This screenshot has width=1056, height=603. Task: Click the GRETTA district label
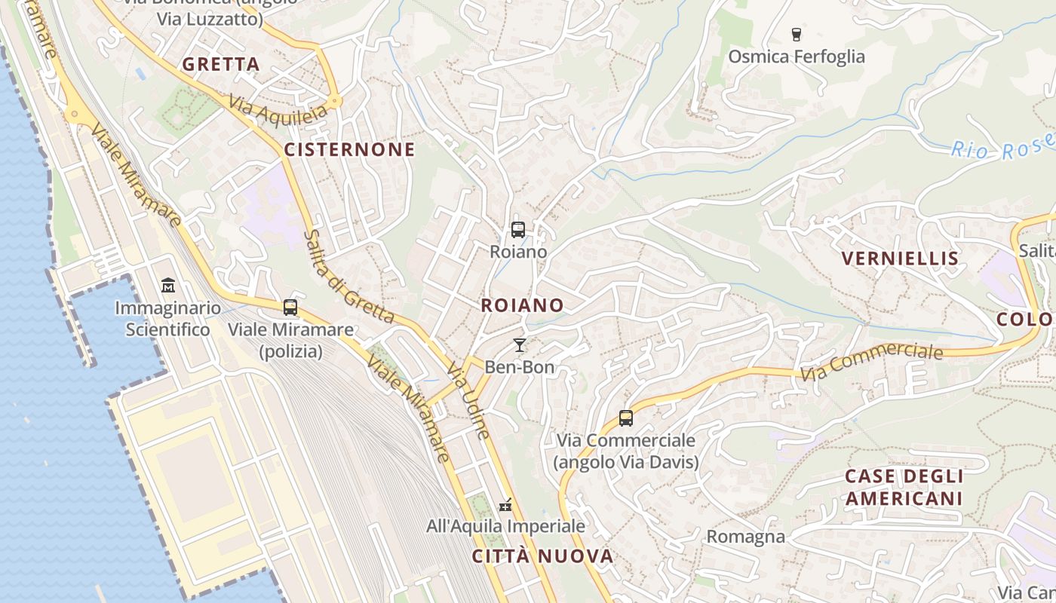click(221, 64)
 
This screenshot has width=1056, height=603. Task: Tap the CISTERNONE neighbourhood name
click(349, 149)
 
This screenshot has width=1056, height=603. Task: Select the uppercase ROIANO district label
click(522, 305)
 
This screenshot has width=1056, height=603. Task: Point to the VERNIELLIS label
click(900, 259)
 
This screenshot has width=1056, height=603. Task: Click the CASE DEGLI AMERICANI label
click(904, 487)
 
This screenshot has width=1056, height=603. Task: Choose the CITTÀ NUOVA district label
click(542, 556)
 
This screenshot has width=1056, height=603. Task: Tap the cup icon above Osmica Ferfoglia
click(796, 34)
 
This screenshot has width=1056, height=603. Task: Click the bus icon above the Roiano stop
click(517, 230)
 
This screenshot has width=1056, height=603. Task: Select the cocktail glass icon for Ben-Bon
click(519, 345)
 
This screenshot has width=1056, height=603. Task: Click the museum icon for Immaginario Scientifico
click(167, 286)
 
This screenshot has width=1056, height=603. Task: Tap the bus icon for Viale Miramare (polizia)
click(290, 308)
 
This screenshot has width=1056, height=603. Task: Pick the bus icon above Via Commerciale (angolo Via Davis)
click(625, 418)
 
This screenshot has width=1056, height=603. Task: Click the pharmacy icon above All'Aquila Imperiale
click(505, 504)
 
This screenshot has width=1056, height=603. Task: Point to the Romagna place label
click(745, 537)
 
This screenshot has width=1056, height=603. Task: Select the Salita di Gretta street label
click(348, 277)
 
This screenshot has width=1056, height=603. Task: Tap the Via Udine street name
click(468, 401)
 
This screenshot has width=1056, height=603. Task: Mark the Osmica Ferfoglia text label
click(796, 57)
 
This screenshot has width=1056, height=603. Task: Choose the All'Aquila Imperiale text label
click(505, 525)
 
